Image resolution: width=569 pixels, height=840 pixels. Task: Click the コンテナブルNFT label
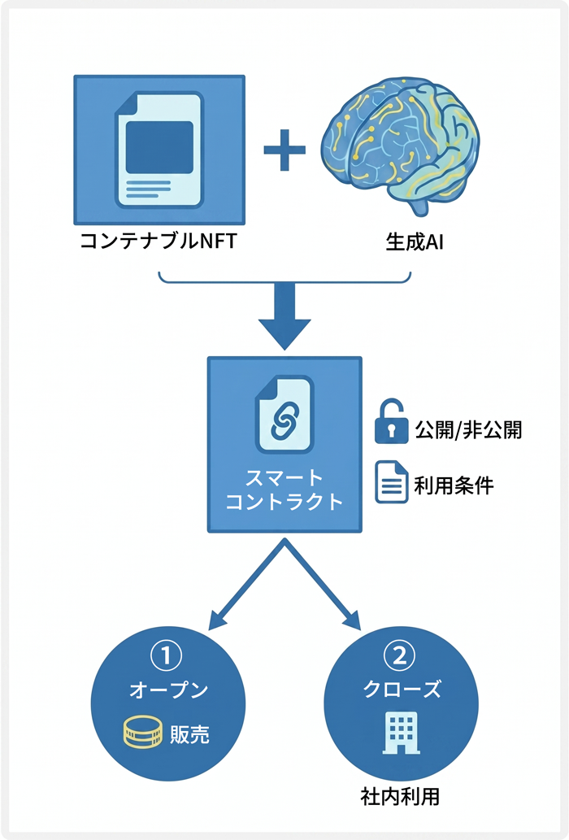158,242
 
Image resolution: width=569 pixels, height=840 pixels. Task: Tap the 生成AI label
406,242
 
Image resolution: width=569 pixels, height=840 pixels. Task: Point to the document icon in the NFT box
159,150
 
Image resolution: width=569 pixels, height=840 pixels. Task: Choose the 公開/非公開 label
468,429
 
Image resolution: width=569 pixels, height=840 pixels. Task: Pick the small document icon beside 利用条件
392,482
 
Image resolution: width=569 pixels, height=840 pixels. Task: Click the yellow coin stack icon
141,733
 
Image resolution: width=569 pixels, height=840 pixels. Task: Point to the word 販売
189,733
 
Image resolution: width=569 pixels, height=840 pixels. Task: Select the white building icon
401,731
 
